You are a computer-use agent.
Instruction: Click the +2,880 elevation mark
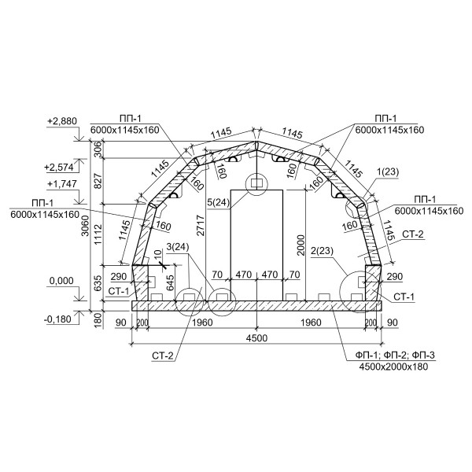pyautogui.click(x=62, y=121)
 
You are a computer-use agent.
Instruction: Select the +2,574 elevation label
pyautogui.click(x=59, y=167)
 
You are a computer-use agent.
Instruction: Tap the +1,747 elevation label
pyautogui.click(x=62, y=183)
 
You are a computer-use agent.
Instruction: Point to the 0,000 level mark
pyautogui.click(x=61, y=281)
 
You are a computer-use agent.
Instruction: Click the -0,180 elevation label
pyautogui.click(x=57, y=319)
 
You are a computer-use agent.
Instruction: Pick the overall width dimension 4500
pyautogui.click(x=256, y=338)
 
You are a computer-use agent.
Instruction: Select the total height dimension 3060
pyautogui.click(x=86, y=226)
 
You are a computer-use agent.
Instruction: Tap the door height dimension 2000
pyautogui.click(x=301, y=245)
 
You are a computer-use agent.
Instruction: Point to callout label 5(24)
pyautogui.click(x=219, y=203)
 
